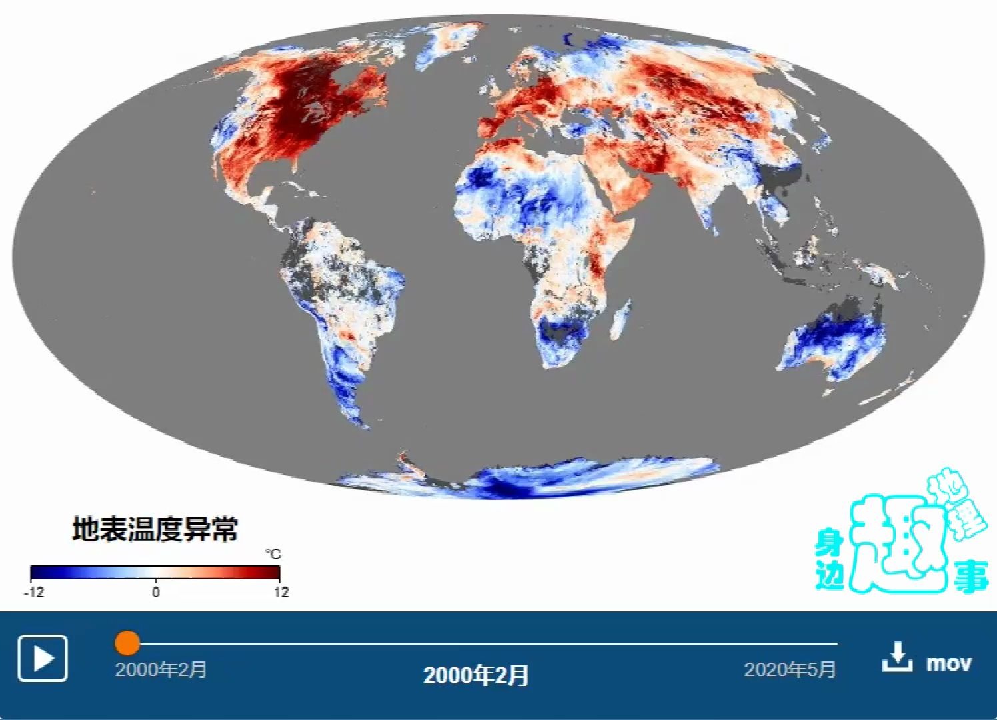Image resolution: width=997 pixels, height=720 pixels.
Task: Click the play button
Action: click(43, 658)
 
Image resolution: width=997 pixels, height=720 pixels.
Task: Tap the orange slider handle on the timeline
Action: click(127, 643)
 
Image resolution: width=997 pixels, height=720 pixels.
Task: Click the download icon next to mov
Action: click(897, 657)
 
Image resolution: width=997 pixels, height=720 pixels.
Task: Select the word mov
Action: click(948, 663)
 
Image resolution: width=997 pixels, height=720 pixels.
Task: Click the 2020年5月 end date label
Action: click(790, 669)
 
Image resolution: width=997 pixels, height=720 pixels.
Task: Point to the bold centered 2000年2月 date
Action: click(476, 675)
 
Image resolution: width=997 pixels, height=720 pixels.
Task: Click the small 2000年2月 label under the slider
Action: click(161, 669)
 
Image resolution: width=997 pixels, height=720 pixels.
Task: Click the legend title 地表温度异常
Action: click(155, 529)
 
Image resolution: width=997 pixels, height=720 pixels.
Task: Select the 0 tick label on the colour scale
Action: click(155, 592)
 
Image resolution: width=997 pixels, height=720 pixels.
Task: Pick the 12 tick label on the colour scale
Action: click(281, 592)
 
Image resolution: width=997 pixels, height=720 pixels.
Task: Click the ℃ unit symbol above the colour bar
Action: click(273, 554)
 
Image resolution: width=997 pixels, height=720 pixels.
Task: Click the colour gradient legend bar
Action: click(155, 573)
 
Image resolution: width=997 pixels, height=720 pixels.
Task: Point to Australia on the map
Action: click(833, 340)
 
